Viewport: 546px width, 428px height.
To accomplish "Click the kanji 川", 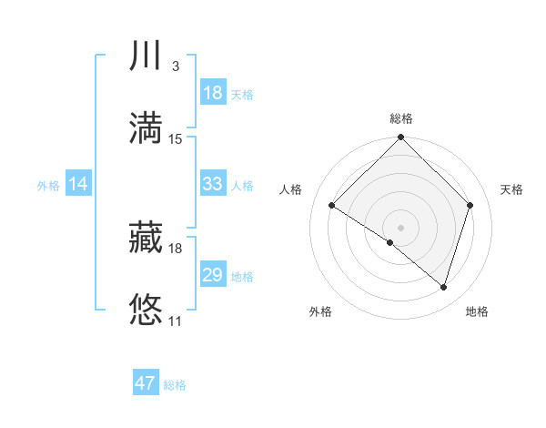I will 147,56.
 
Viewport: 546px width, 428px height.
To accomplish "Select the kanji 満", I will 147,128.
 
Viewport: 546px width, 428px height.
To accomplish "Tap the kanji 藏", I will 147,239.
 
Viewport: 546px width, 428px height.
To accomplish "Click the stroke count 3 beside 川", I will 175,66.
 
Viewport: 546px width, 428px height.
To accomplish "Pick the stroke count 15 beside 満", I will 176,139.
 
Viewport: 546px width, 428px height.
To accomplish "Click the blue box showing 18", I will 212,93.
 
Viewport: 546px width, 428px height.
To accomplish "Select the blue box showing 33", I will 212,184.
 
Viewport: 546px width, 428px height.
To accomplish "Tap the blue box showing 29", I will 212,275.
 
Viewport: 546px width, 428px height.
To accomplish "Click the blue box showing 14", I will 78,184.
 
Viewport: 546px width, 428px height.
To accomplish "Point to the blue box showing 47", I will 146,383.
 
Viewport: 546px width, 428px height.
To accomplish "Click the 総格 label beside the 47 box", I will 175,385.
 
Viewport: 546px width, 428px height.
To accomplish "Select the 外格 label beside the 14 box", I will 48,186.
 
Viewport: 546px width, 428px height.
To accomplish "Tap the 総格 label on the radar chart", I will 401,119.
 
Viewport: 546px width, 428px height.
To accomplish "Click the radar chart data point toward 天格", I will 470,206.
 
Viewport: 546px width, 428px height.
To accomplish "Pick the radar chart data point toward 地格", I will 443,288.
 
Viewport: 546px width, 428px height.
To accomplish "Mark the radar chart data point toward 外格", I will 390,242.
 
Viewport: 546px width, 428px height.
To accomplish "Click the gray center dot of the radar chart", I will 401,227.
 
